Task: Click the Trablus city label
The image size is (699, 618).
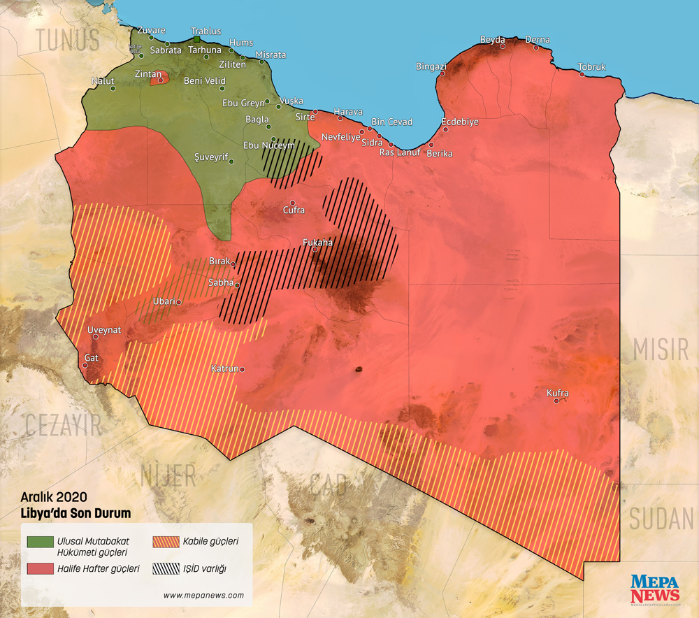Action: coord(206,31)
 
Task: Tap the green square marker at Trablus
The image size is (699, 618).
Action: coord(197,39)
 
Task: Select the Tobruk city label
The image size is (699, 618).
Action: coord(592,67)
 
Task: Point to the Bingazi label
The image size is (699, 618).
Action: coord(431,66)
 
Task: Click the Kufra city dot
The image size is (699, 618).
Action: coord(556,401)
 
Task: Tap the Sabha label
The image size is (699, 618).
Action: coord(221,282)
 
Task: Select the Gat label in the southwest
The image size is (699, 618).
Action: coord(91,358)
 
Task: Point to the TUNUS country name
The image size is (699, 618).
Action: coord(69,41)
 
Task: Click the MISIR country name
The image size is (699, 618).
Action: coord(661,349)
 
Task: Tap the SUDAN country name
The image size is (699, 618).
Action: coord(661,519)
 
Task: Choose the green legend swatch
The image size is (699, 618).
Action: coord(41,542)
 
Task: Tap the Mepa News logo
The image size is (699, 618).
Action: coord(654,589)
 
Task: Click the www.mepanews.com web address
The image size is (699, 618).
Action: coord(203,596)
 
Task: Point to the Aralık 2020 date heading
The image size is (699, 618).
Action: coord(53,497)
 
